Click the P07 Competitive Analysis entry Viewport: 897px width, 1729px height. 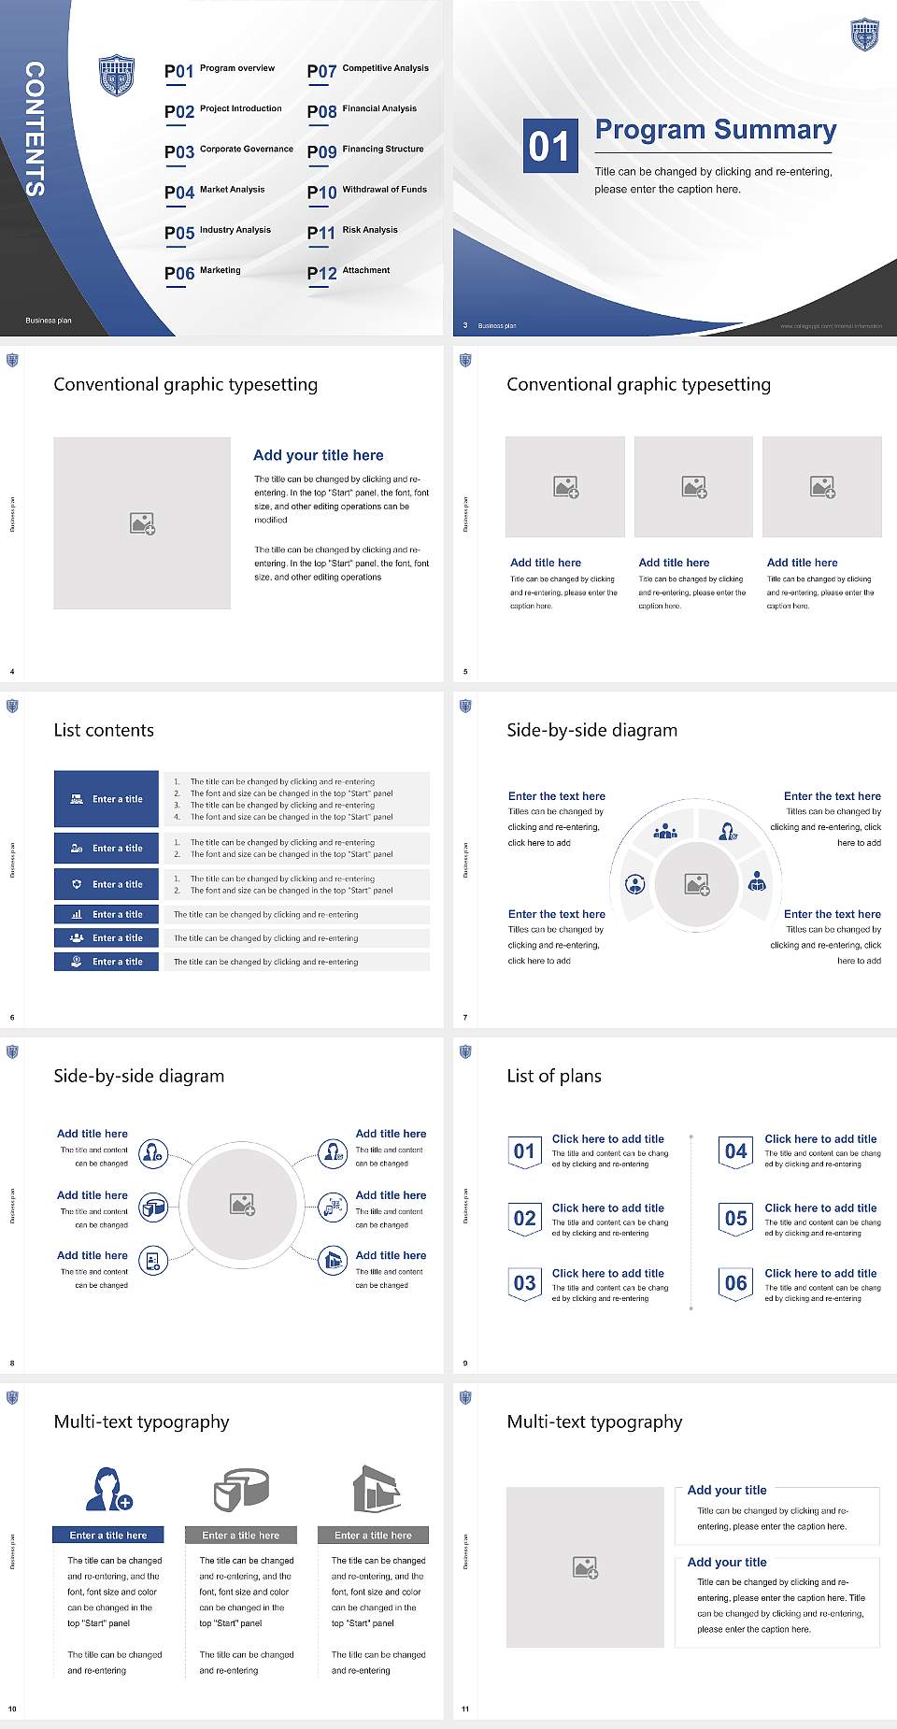[367, 70]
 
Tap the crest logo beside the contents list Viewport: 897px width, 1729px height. [117, 76]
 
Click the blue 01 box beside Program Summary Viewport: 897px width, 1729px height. [549, 146]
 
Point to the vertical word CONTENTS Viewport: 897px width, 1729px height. [35, 128]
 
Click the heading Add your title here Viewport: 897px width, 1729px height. [318, 455]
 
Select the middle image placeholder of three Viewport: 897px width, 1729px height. [693, 487]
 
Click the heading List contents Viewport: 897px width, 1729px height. [104, 730]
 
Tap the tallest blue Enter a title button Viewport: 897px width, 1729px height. [107, 799]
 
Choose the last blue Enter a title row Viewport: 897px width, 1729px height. [107, 961]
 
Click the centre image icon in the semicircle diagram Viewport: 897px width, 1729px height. [697, 884]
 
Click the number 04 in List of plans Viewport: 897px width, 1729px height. [736, 1151]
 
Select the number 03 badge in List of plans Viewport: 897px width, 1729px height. [525, 1283]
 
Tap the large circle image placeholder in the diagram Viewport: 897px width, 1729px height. [243, 1204]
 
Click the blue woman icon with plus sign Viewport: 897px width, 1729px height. [108, 1489]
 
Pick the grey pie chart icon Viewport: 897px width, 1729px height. [241, 1489]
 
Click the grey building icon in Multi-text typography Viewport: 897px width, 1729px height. [377, 1489]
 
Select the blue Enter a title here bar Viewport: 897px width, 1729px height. [108, 1535]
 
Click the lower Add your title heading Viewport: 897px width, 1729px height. [727, 1562]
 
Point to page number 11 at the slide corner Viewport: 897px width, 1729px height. [465, 1709]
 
